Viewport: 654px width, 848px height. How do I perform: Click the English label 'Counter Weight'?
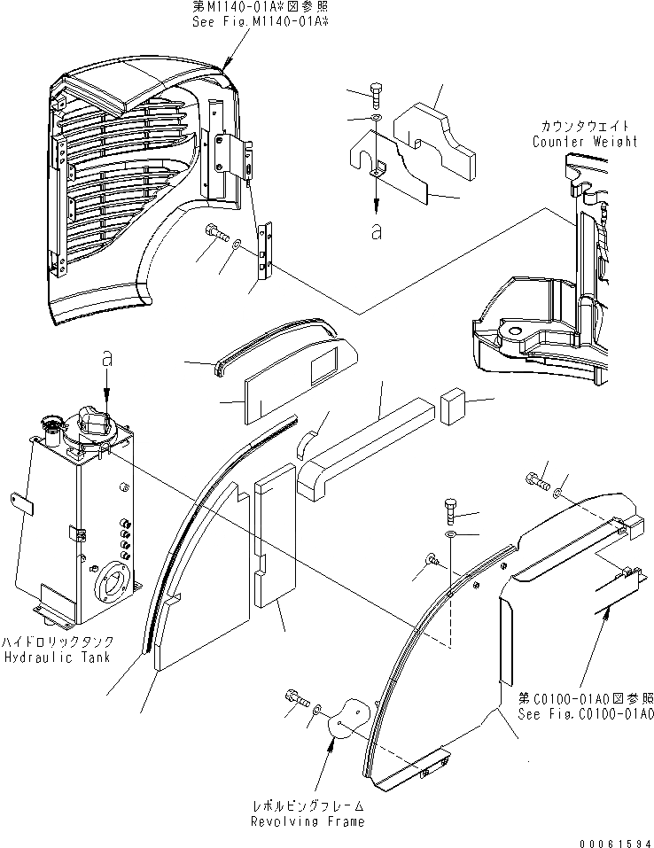[584, 142]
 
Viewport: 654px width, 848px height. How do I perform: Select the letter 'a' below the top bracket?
[377, 231]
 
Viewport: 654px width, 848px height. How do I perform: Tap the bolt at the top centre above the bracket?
[376, 92]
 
